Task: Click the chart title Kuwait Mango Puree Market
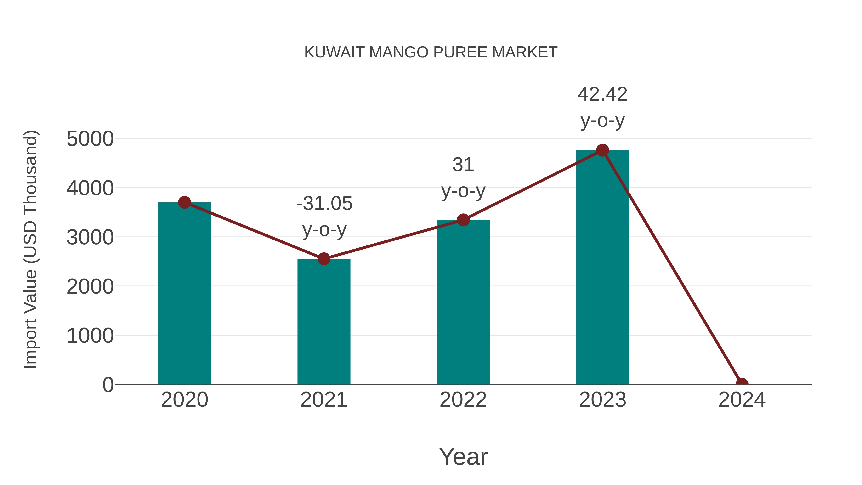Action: (431, 52)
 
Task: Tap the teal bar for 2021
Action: (323, 321)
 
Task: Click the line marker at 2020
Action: (184, 202)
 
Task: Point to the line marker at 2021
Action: (323, 259)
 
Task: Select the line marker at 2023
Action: (602, 150)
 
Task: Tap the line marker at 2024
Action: (742, 384)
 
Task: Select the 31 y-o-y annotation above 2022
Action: (463, 178)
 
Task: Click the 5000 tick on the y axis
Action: (90, 139)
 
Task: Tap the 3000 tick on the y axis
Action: (90, 237)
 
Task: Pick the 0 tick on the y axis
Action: (108, 385)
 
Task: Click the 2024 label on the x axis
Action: (742, 400)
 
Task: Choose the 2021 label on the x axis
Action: (323, 400)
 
